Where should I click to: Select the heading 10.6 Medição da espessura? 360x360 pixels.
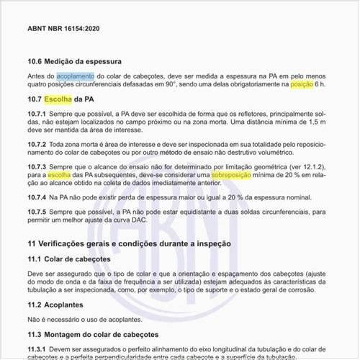click(74, 61)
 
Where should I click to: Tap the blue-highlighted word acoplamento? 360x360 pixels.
click(75, 76)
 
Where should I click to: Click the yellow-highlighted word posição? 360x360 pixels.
click(302, 84)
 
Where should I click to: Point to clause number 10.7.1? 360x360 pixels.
click(37, 114)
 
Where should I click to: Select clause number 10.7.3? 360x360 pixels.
click(37, 166)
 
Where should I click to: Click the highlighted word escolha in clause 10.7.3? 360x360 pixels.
click(60, 175)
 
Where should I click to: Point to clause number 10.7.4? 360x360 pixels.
click(37, 197)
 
